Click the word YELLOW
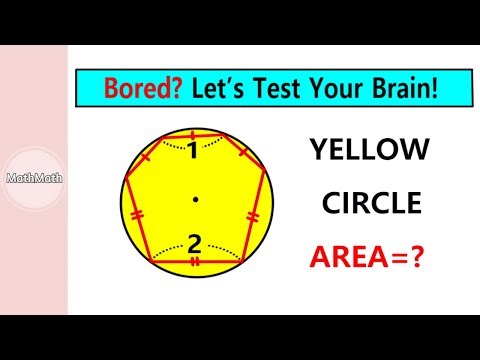[369, 151]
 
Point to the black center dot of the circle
[196, 202]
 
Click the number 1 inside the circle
[194, 152]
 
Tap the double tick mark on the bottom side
[195, 262]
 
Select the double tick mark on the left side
[138, 215]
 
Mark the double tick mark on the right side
[254, 214]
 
